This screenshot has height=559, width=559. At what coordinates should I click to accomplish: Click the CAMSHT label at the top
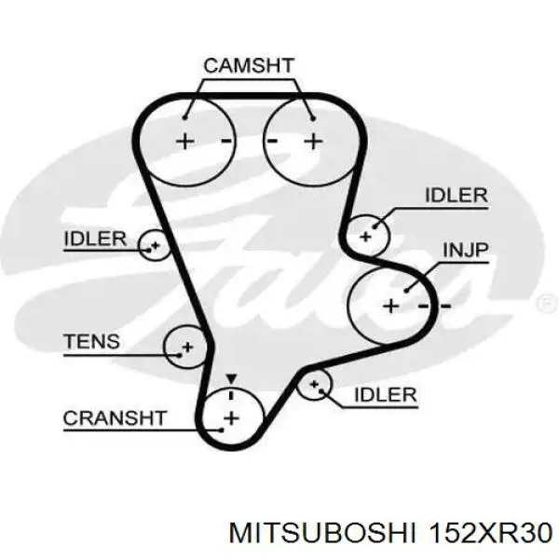point(249,65)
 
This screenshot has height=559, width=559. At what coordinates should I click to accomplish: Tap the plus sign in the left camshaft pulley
point(185,142)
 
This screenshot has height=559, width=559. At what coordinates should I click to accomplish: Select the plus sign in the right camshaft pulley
point(314,142)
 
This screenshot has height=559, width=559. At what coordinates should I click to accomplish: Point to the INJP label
point(465,251)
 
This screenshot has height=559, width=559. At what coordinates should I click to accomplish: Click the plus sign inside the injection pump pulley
point(391,307)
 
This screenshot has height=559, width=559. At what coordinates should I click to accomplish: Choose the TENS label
point(91,341)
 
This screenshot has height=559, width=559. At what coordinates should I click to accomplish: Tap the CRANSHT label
point(115,417)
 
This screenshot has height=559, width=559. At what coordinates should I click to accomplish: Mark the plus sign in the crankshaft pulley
point(231,417)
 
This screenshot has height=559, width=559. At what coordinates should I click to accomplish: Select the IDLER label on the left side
point(95,239)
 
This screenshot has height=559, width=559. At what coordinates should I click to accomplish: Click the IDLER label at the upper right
point(457,196)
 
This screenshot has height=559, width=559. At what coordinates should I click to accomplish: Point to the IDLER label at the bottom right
point(386,395)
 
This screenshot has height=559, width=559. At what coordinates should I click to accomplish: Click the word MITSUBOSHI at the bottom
point(322,534)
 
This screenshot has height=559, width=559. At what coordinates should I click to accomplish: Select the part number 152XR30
point(491,534)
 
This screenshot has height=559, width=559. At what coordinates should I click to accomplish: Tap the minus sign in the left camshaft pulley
point(226,142)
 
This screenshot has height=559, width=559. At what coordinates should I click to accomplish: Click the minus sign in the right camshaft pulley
point(272,142)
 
